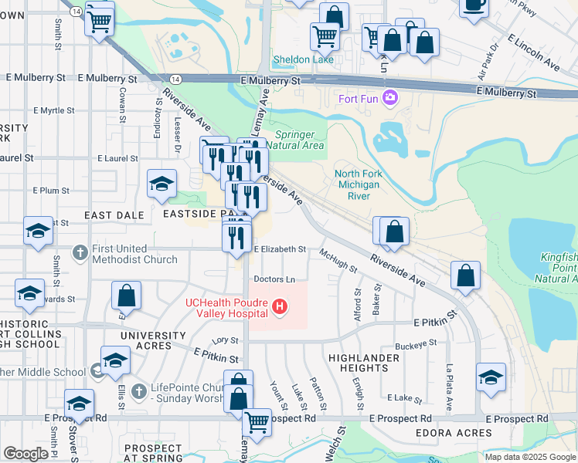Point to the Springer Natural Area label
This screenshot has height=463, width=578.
click(x=298, y=139)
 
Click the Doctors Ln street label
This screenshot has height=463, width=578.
click(x=274, y=279)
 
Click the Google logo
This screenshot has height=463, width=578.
click(x=25, y=454)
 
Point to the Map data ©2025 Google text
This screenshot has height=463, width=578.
click(x=531, y=457)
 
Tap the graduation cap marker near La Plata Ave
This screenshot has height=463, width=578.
click(x=491, y=377)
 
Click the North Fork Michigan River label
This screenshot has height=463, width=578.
click(x=358, y=185)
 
